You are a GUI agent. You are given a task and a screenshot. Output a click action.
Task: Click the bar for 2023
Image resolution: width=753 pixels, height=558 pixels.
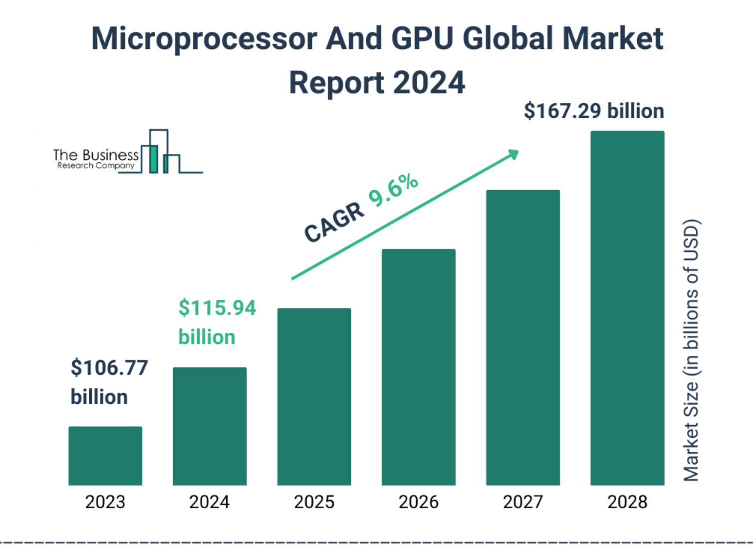coord(105,456)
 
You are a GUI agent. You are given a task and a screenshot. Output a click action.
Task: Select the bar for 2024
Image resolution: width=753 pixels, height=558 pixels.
coord(210,426)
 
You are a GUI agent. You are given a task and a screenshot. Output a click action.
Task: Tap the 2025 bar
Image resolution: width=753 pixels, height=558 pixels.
coord(314,397)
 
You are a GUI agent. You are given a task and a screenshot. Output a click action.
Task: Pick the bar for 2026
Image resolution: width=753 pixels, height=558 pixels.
coord(418,367)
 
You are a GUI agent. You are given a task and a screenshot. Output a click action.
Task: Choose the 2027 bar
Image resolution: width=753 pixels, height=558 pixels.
coord(522,337)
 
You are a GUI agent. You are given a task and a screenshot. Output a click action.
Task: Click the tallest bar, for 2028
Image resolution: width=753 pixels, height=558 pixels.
coord(627,308)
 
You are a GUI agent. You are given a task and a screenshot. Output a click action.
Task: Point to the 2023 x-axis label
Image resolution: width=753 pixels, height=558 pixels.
coord(105,502)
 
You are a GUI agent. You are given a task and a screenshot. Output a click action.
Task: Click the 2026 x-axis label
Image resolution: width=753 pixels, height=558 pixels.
coord(418,502)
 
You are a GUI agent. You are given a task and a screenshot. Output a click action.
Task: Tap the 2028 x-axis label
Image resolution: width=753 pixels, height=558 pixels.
coord(627,502)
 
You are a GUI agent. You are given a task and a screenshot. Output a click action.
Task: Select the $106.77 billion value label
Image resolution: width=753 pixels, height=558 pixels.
coord(109,382)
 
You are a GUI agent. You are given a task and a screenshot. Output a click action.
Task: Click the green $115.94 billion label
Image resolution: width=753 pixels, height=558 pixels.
coord(217,322)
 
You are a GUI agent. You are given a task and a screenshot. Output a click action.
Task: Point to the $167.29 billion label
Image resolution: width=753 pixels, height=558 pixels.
coord(594,111)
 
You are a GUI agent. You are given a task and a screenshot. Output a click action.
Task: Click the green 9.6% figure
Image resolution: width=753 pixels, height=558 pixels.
coord(393,190)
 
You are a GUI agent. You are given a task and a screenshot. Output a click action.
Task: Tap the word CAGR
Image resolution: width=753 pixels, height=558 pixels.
coord(334,223)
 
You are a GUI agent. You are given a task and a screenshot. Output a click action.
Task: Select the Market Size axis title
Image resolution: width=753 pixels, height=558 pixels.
coord(691,349)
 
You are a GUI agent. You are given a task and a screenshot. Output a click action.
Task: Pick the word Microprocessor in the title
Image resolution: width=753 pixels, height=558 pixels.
coord(204,38)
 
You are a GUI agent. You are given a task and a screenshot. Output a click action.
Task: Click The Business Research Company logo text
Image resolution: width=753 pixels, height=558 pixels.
coord(95,159)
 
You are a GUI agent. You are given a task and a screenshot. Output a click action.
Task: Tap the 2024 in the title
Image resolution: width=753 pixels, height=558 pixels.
coord(429,83)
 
